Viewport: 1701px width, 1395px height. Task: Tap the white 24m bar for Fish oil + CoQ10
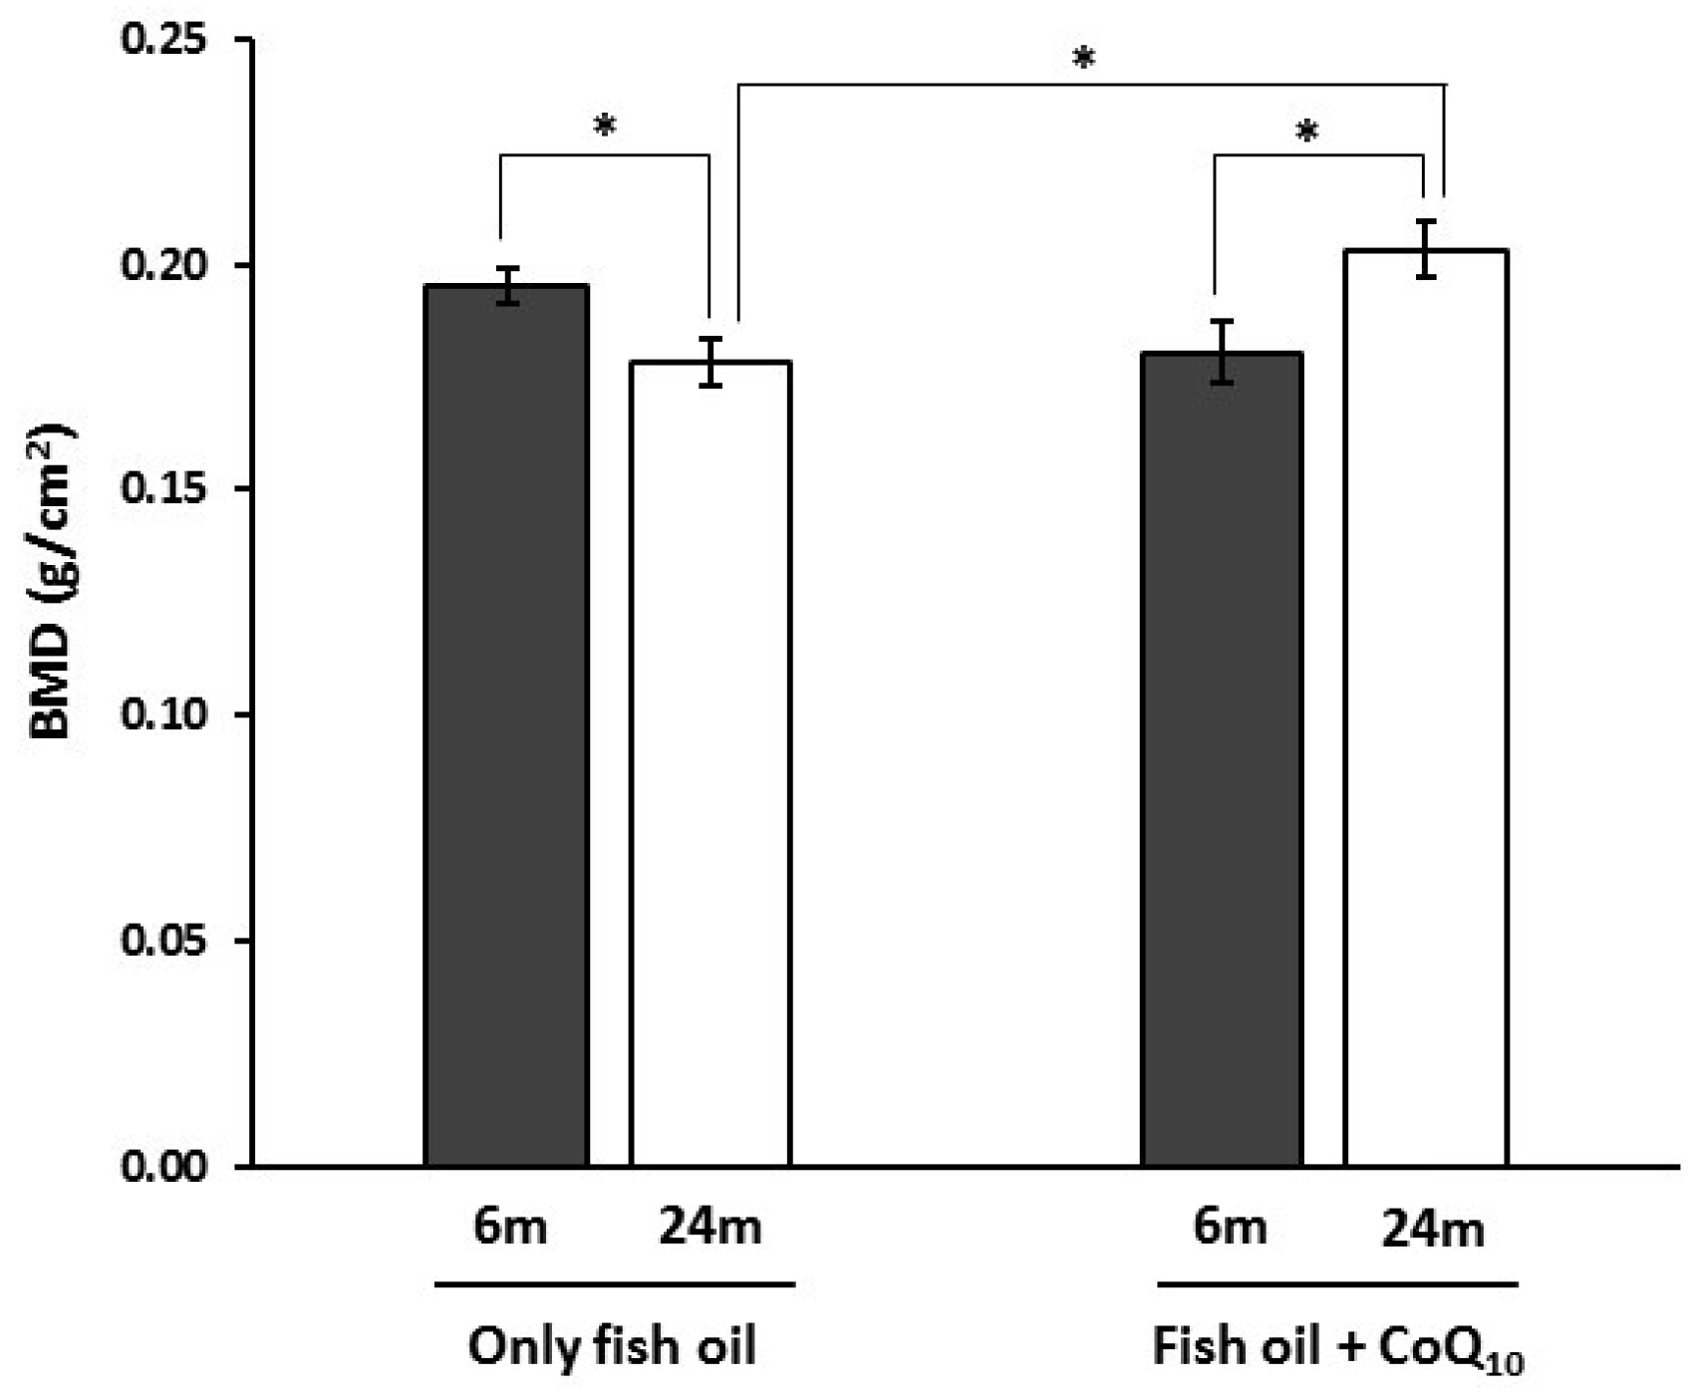click(1426, 707)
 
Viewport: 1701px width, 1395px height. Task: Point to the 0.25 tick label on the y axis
click(161, 40)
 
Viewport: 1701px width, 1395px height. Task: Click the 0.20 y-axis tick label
click(161, 265)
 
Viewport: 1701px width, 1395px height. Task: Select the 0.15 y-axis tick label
click(161, 489)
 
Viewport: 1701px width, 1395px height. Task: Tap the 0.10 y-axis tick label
click(161, 714)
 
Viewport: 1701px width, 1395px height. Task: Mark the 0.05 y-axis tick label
click(161, 940)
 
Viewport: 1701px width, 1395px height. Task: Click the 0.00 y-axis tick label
click(161, 1166)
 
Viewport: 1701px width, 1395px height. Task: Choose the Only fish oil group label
click(612, 1347)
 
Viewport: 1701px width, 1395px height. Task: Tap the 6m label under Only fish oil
click(510, 1227)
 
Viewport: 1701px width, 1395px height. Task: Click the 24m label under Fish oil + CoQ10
click(1433, 1230)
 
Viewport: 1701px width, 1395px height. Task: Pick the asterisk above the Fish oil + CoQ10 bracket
click(1307, 132)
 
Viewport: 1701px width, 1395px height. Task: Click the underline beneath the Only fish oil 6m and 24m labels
click(615, 1284)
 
